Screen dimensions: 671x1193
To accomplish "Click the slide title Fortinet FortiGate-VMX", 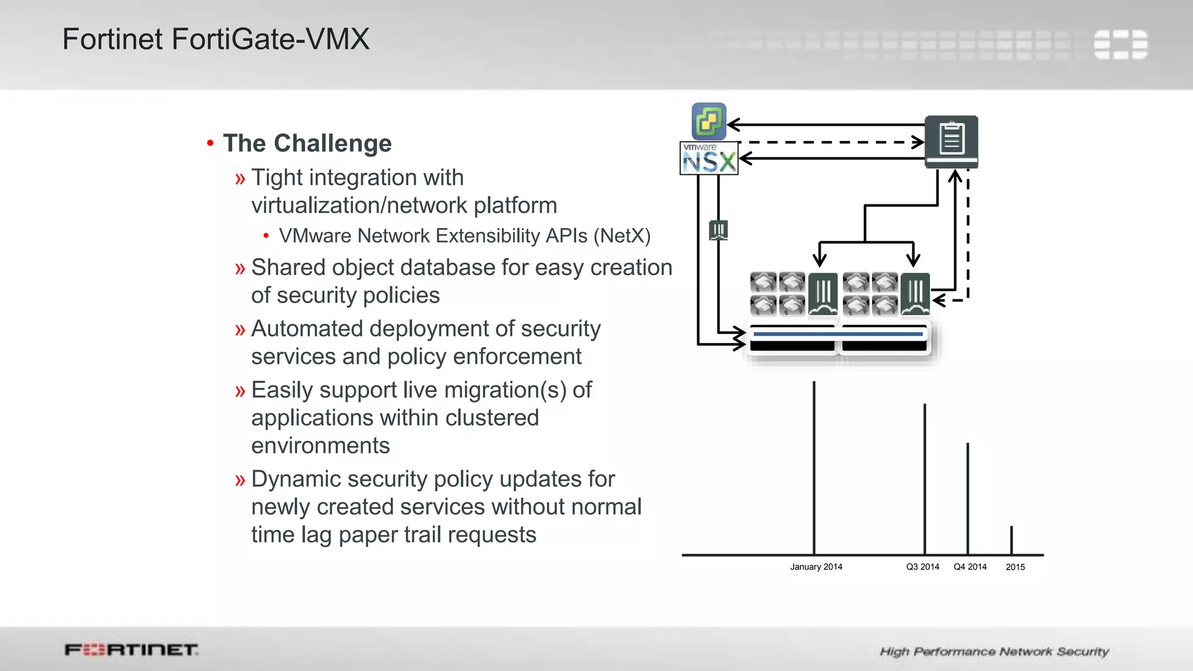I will [x=216, y=40].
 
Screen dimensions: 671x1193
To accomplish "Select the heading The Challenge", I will [x=307, y=143].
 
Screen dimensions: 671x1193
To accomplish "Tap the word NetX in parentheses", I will [x=622, y=236].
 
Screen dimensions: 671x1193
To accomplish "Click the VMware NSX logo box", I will [x=708, y=158].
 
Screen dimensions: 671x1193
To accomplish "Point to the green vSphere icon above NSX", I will [x=708, y=121].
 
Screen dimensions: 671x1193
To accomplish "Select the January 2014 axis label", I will [x=816, y=567].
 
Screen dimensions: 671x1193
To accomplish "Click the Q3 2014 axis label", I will [x=922, y=567].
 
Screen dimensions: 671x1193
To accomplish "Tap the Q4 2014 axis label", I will [x=970, y=567].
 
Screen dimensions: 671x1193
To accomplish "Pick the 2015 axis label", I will [x=1015, y=567].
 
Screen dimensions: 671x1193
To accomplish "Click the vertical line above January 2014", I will [x=814, y=466].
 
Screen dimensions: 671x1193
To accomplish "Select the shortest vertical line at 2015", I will [x=1011, y=540].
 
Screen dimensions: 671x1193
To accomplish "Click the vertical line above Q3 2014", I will [x=924, y=478].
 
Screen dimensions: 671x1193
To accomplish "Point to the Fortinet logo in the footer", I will [x=131, y=649].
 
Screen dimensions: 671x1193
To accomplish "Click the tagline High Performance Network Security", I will [x=994, y=651].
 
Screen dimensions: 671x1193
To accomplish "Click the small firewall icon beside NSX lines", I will [x=718, y=230].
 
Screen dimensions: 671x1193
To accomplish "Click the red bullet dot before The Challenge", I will [x=210, y=143].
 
